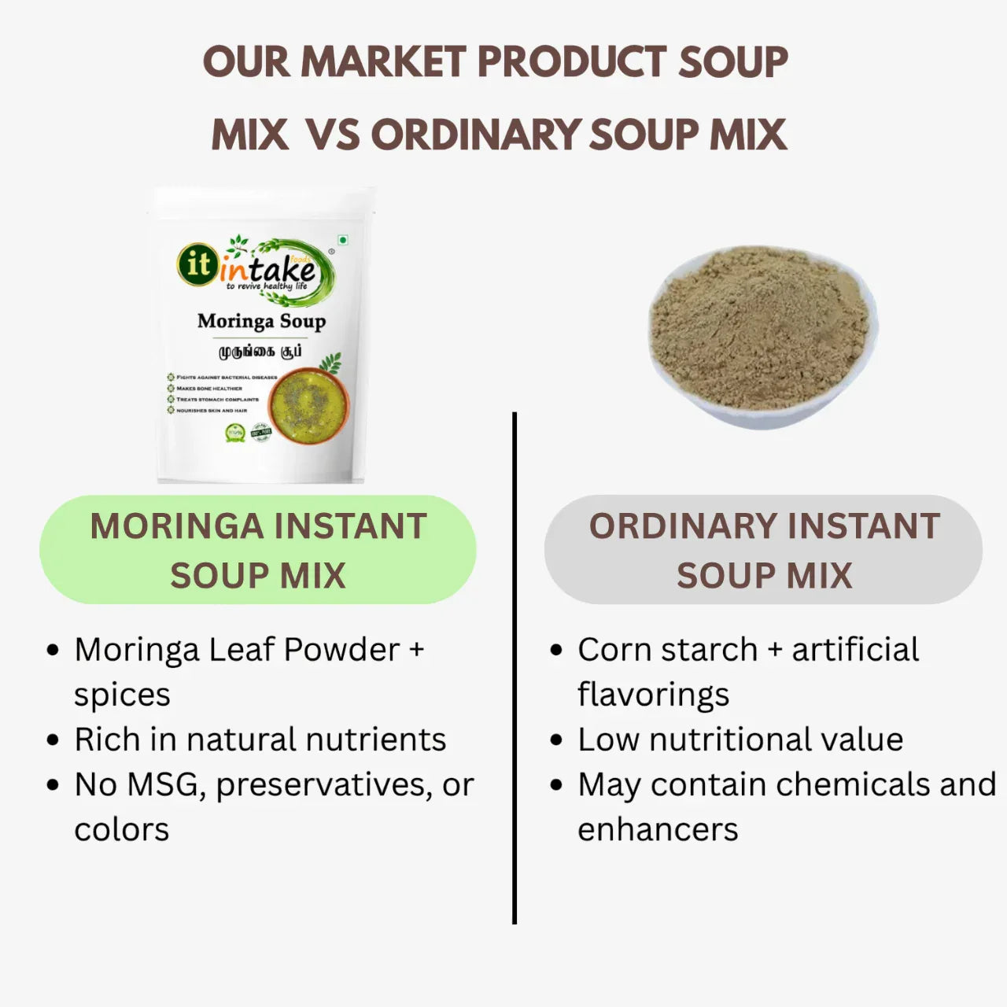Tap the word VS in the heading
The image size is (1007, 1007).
(x=332, y=135)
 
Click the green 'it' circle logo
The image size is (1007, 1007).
(x=197, y=264)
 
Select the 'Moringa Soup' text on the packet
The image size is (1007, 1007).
(x=261, y=321)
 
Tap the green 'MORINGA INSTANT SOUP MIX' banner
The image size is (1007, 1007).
(x=258, y=550)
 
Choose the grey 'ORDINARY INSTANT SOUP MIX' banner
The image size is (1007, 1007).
(x=764, y=550)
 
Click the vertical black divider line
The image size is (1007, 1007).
(x=515, y=669)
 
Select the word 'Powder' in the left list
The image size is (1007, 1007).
(x=342, y=650)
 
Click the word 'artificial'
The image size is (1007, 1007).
(x=855, y=650)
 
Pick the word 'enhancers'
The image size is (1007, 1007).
(x=658, y=829)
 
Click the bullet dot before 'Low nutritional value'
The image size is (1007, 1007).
(x=557, y=740)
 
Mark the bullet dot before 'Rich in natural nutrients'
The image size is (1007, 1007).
(x=53, y=740)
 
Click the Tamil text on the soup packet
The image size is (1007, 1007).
(x=260, y=351)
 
